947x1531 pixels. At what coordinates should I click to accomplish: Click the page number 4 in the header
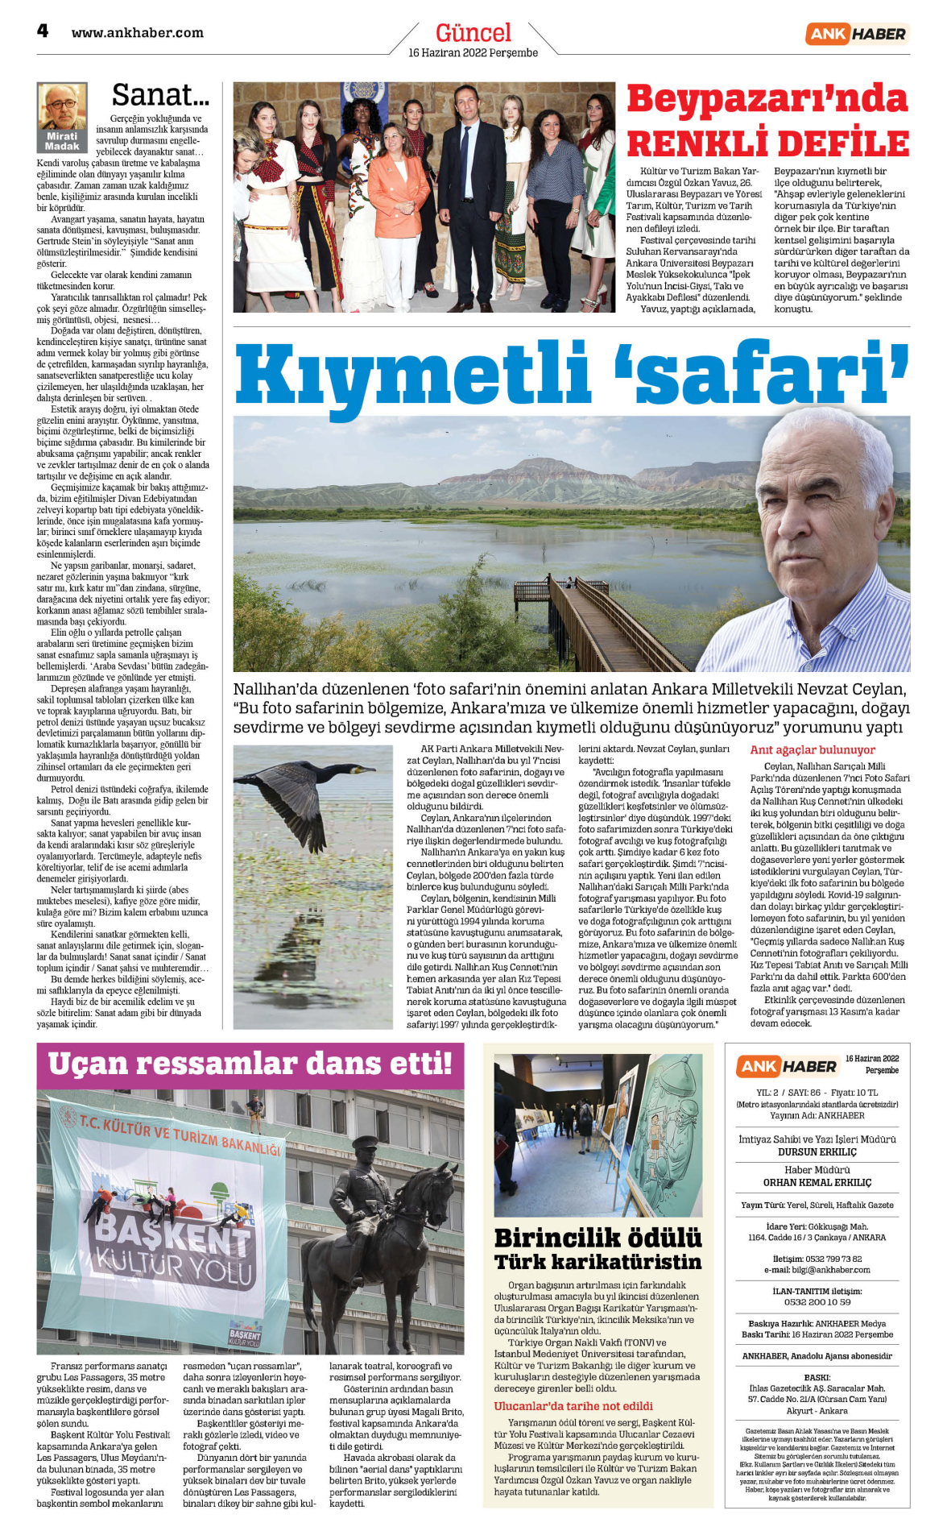pyautogui.click(x=43, y=31)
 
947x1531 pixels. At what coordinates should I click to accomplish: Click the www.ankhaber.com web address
pyautogui.click(x=137, y=33)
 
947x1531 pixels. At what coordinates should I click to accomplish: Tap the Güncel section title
pyautogui.click(x=473, y=33)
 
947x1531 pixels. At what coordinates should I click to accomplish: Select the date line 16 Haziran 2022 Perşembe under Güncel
pyautogui.click(x=473, y=53)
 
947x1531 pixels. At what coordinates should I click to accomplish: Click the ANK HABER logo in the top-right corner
pyautogui.click(x=856, y=34)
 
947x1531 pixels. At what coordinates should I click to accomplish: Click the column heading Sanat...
pyautogui.click(x=160, y=95)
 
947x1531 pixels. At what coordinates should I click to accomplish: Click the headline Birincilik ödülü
pyautogui.click(x=598, y=1238)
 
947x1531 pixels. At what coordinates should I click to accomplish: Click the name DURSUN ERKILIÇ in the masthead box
pyautogui.click(x=817, y=1152)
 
